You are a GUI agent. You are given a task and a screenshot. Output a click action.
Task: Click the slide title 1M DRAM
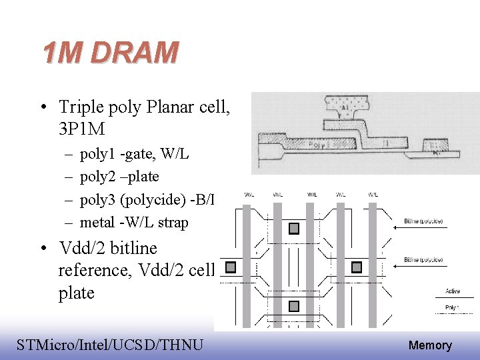coord(111,52)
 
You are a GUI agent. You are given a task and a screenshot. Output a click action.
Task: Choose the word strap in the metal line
coord(172,223)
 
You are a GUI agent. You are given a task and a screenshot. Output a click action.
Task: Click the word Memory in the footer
coord(430,345)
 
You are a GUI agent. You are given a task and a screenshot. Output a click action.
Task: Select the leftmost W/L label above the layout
coord(249,195)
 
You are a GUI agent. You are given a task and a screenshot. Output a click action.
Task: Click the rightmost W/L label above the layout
coord(373,195)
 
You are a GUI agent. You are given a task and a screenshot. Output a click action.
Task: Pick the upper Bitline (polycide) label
coord(423,221)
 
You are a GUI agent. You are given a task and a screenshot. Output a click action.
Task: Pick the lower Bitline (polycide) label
coord(423,259)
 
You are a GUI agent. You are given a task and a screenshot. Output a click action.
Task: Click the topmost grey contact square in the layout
coord(294,229)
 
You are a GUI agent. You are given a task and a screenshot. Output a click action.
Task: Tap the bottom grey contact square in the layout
coord(294,305)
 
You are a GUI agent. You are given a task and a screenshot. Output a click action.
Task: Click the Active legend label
coord(453,291)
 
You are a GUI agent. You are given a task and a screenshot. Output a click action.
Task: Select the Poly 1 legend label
coord(453,307)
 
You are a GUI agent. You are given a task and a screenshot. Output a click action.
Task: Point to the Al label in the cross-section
coord(345,107)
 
